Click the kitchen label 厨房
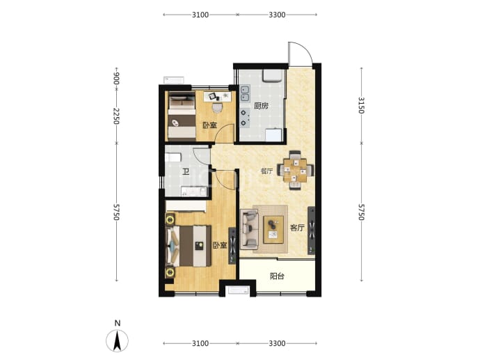point(261,106)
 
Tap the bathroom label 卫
point(186,172)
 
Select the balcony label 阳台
point(277,276)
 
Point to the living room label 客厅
point(297,228)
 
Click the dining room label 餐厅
point(266,171)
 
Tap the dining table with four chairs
point(295,170)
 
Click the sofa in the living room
point(249,229)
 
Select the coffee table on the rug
point(273,230)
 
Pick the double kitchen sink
point(245,93)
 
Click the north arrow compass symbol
point(118,340)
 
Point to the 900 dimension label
point(116,79)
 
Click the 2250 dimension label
point(116,116)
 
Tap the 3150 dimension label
point(362,105)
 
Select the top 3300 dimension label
point(277,15)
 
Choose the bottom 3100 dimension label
point(200,343)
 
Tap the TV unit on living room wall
point(312,230)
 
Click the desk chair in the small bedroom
point(217,107)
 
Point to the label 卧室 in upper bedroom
point(209,125)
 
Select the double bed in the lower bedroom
point(189,246)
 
